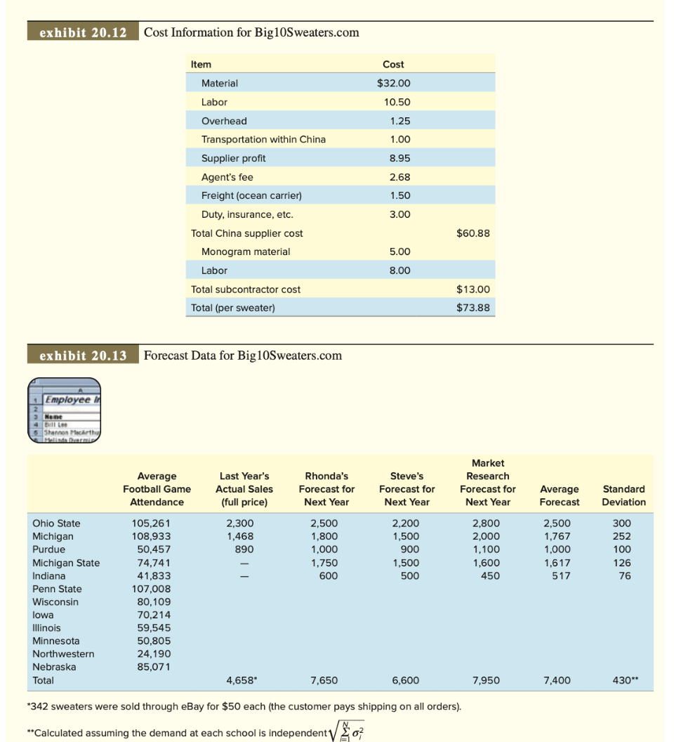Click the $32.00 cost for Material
[x=393, y=83]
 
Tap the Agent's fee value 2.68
[x=399, y=177]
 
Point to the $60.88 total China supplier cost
[x=473, y=233]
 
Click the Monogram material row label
[x=245, y=252]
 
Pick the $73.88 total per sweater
[x=473, y=308]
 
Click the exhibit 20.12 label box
[x=83, y=32]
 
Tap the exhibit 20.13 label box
[x=83, y=356]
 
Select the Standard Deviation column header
[x=623, y=495]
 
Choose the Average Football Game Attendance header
[x=157, y=489]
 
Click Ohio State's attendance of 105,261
[x=151, y=523]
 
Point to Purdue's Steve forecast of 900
[x=409, y=549]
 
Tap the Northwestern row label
[x=63, y=653]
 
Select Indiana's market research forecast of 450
[x=489, y=575]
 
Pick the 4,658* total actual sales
[x=240, y=680]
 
